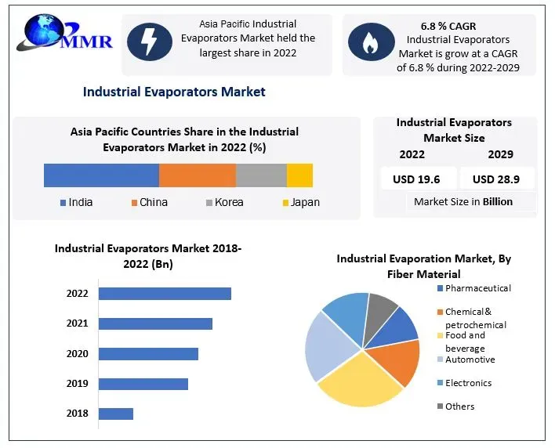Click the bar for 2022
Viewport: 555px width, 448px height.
pyautogui.click(x=165, y=294)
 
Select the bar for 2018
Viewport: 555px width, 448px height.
pyautogui.click(x=116, y=414)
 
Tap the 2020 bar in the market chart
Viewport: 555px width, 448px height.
pyautogui.click(x=148, y=354)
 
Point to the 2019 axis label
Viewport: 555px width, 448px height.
pyautogui.click(x=78, y=384)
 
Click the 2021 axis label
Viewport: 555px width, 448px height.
pyautogui.click(x=78, y=323)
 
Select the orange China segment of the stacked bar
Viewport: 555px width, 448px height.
pyautogui.click(x=197, y=175)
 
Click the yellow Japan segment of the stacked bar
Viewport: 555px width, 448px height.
pyautogui.click(x=299, y=175)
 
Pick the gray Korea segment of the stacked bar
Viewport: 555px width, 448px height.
pyautogui.click(x=261, y=175)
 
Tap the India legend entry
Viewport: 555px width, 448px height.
pyautogui.click(x=76, y=202)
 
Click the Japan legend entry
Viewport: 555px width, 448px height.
pyautogui.click(x=300, y=202)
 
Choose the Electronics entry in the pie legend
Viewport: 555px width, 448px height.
pyautogui.click(x=468, y=383)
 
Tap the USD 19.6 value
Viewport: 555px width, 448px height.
pyautogui.click(x=416, y=179)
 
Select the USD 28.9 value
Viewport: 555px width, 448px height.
pyautogui.click(x=495, y=179)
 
